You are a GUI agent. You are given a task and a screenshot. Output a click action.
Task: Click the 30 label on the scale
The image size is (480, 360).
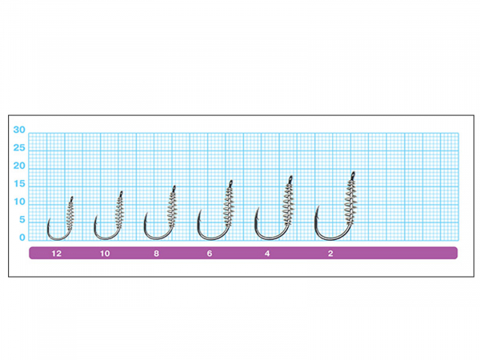[19, 130]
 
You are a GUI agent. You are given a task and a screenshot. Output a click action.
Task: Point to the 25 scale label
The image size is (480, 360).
[19, 148]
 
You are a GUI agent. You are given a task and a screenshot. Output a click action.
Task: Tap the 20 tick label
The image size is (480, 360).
[19, 166]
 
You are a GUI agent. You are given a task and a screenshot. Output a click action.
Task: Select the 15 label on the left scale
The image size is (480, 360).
[19, 184]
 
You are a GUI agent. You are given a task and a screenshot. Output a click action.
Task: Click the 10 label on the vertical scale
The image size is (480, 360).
[19, 202]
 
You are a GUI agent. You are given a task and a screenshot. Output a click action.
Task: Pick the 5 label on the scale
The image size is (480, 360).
[22, 219]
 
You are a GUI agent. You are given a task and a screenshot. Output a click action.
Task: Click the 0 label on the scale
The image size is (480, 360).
[22, 238]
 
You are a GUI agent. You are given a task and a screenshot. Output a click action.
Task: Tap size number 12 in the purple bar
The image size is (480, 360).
[56, 254]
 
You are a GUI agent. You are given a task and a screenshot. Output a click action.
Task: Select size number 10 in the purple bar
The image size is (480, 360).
[105, 254]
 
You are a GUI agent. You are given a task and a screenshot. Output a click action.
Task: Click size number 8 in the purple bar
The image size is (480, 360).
[157, 254]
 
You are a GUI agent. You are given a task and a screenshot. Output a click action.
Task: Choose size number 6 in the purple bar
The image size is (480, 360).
[210, 254]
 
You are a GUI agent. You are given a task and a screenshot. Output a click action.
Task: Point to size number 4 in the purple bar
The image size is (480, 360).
[267, 254]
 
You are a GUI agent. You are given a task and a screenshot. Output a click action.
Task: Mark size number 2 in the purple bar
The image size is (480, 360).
[330, 254]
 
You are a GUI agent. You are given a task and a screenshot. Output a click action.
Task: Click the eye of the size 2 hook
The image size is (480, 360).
[353, 174]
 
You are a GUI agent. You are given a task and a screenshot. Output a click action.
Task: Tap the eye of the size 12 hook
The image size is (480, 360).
[72, 198]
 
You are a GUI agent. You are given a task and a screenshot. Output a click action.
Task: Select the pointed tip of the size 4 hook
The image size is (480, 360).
[258, 208]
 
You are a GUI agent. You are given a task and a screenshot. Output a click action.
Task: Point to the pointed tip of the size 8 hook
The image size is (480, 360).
[146, 214]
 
